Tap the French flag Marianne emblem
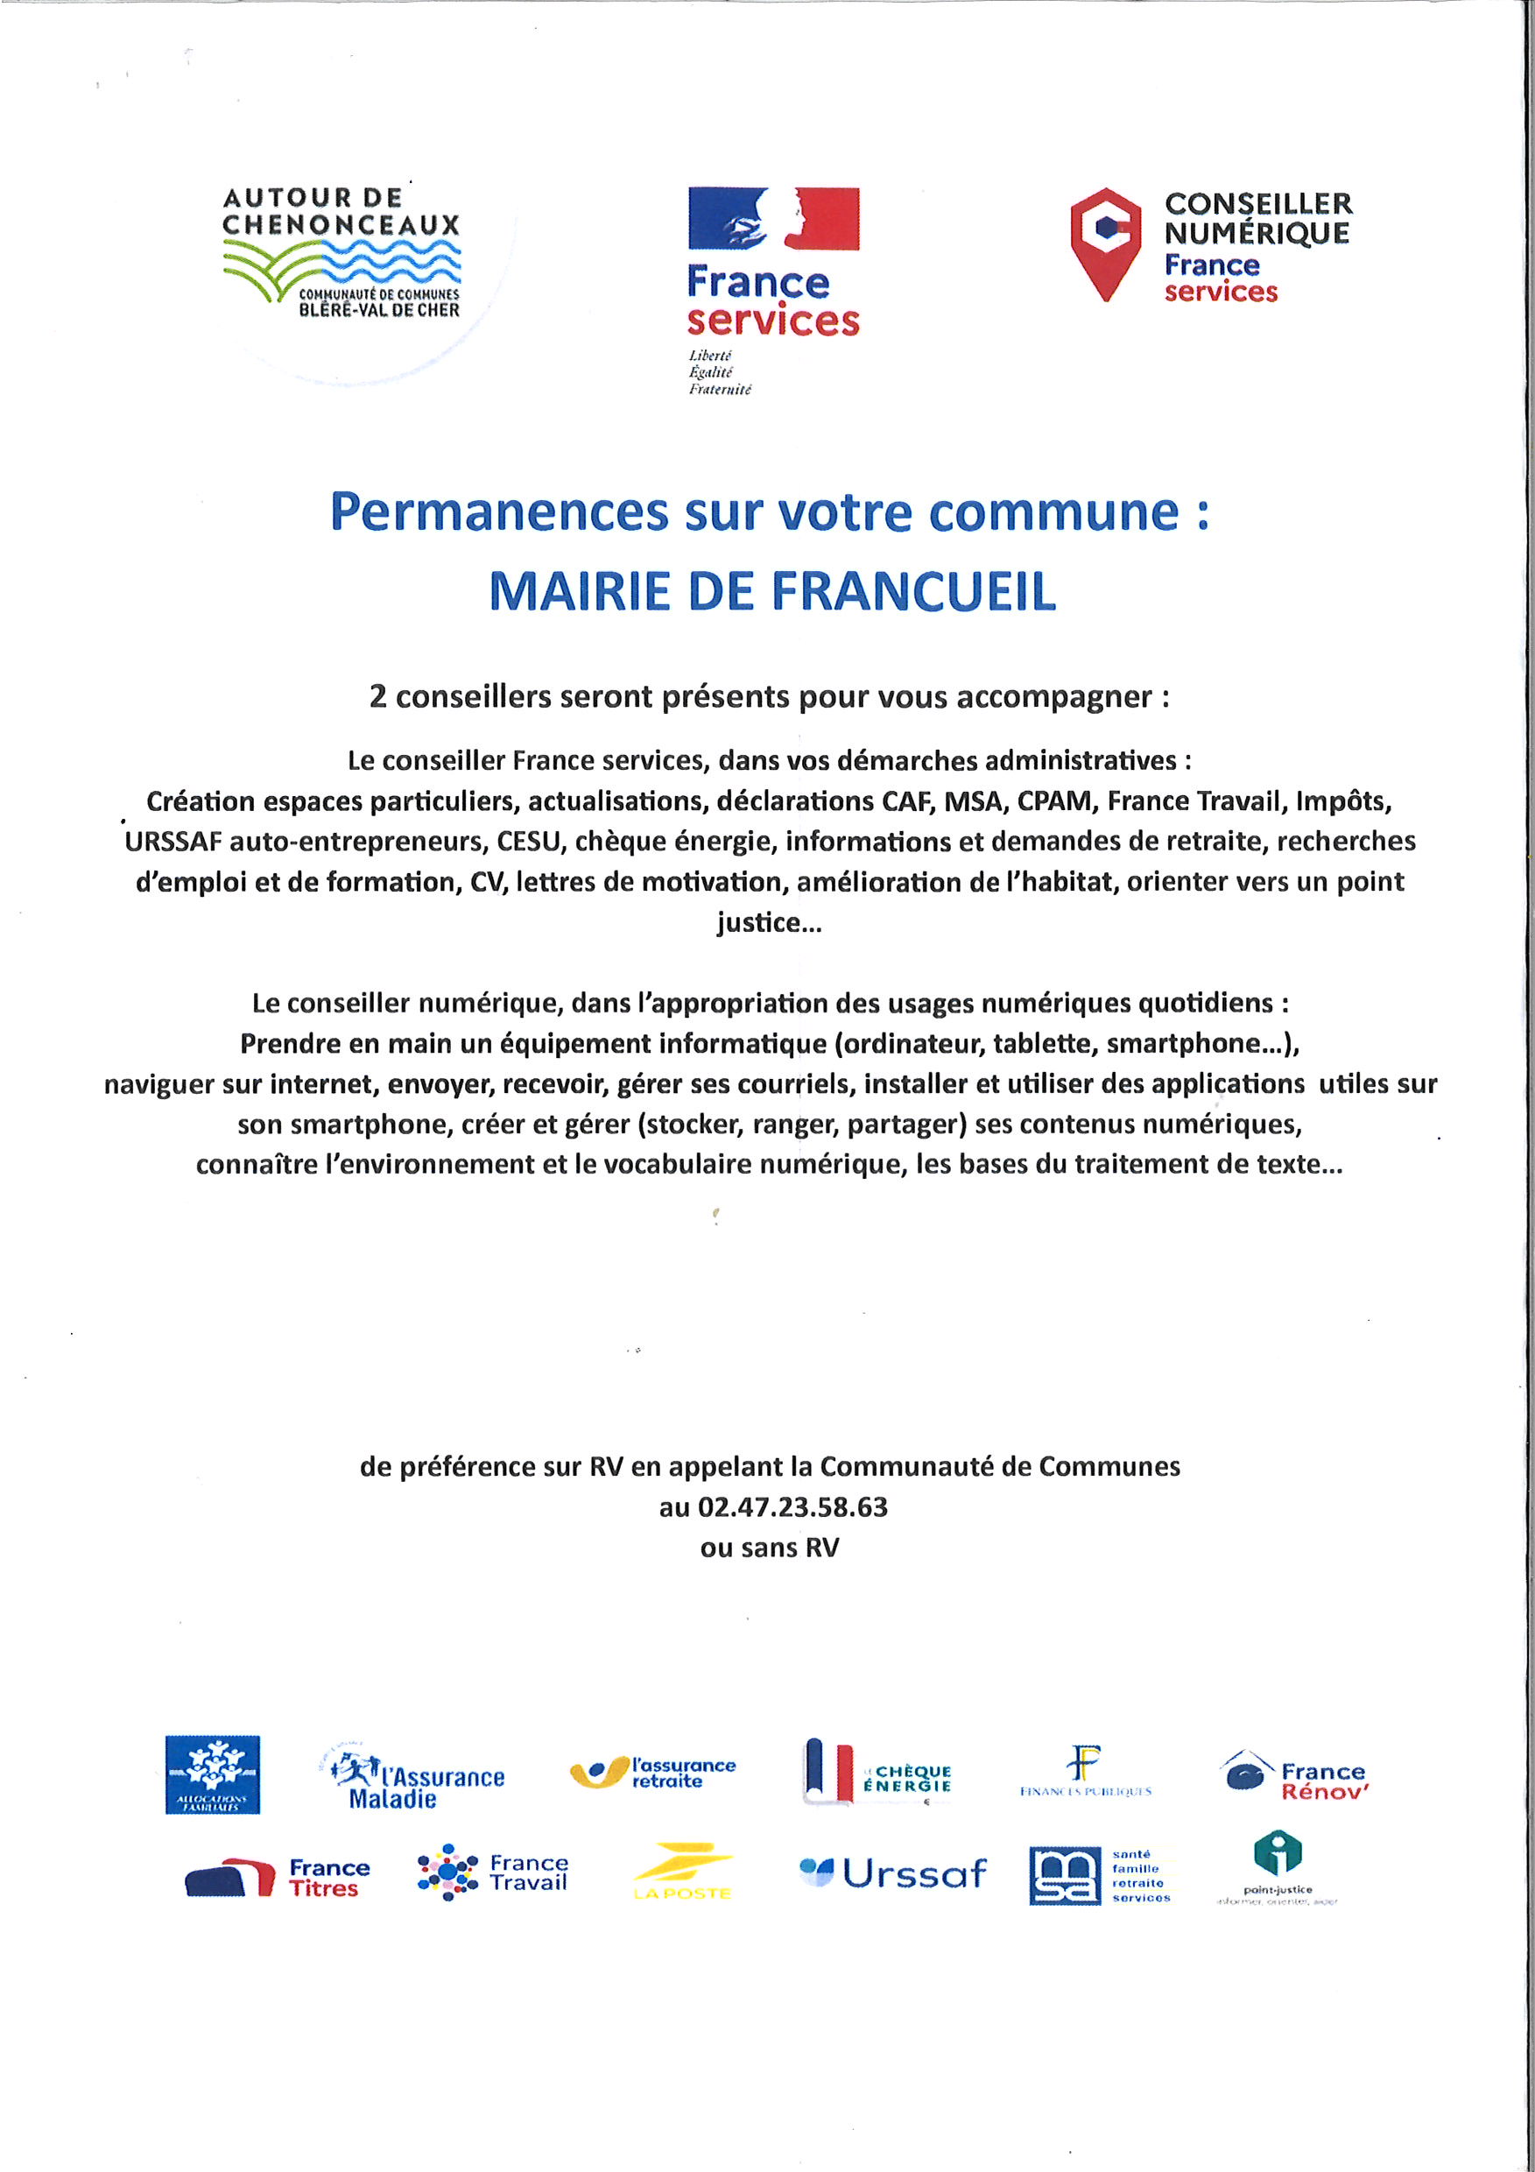point(772,219)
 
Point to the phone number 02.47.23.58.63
point(792,1507)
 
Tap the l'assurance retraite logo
point(653,1773)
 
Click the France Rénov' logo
point(1295,1778)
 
